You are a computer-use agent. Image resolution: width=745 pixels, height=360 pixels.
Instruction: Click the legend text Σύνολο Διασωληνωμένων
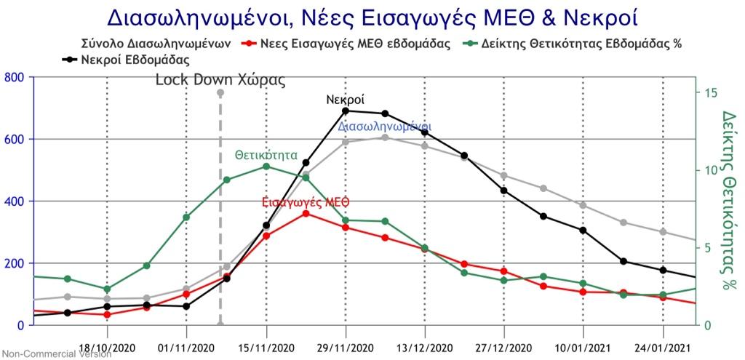point(157,44)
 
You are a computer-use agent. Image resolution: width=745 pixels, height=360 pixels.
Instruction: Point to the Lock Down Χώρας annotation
point(220,80)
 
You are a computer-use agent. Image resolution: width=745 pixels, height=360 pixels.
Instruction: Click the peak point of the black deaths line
point(346,111)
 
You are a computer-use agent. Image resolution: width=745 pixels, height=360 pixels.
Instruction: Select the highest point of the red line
point(306,213)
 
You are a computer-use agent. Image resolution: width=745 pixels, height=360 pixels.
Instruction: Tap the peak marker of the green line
point(266,167)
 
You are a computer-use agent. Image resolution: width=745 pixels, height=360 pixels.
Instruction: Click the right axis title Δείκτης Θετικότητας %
point(729,200)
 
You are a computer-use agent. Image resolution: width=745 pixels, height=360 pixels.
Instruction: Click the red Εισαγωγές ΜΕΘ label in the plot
point(306,201)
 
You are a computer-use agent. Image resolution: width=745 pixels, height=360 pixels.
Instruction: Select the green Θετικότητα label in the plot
point(266,155)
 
